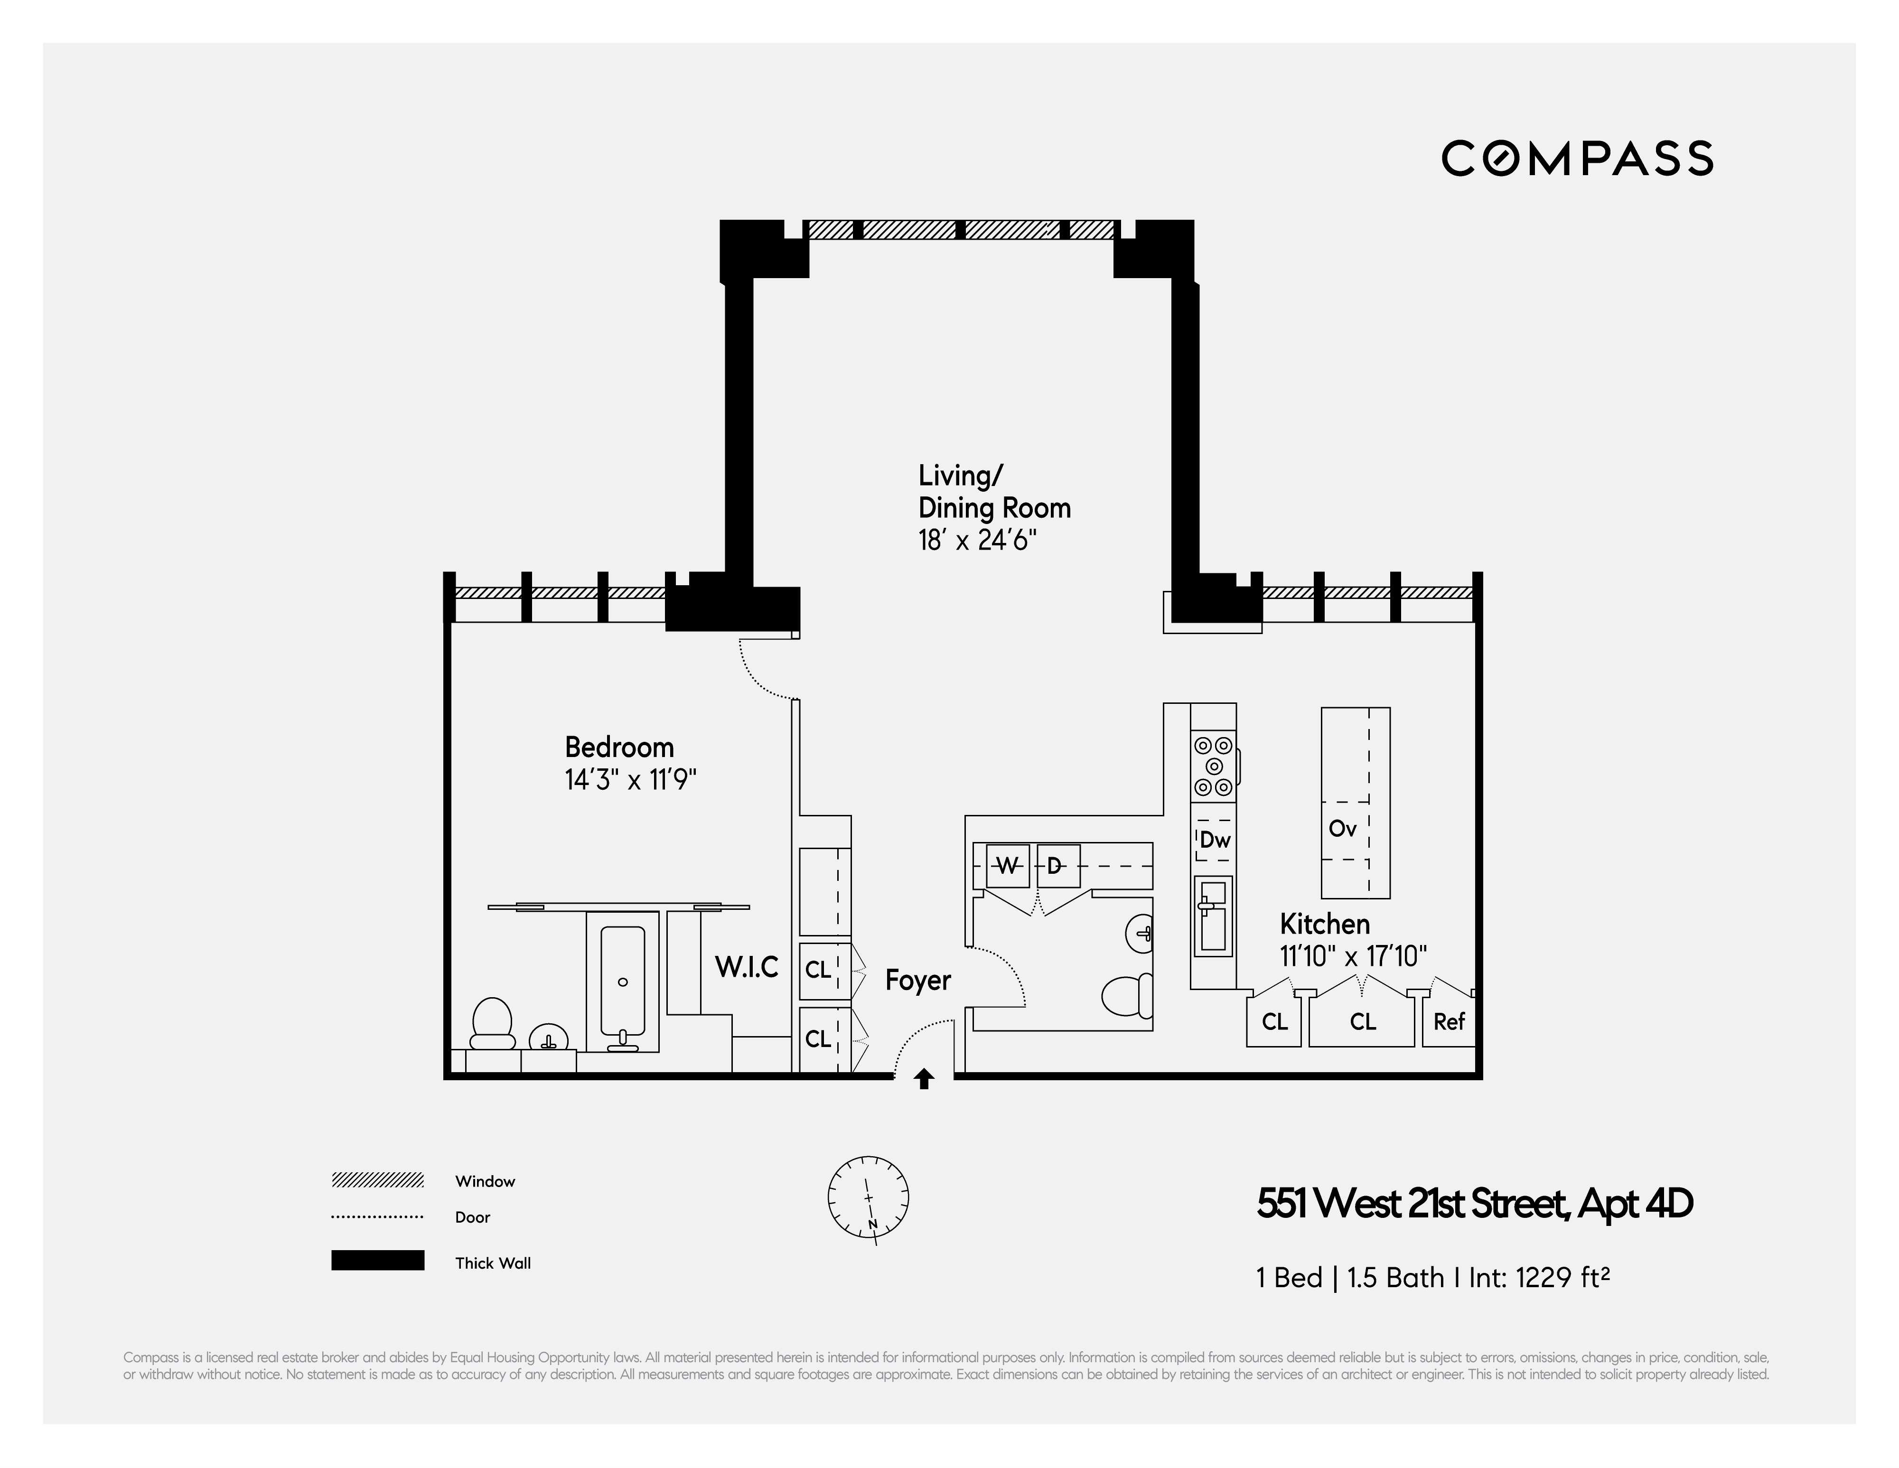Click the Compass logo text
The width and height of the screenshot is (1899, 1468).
[1576, 158]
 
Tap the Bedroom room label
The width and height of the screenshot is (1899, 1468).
[619, 747]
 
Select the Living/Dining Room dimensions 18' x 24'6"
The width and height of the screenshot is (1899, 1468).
[977, 541]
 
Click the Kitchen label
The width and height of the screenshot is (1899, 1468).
[1324, 924]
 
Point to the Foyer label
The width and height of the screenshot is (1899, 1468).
[917, 980]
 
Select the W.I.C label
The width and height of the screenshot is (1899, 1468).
[746, 967]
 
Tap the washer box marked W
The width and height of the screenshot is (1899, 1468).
[1007, 865]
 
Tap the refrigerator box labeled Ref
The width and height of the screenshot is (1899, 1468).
[1449, 1022]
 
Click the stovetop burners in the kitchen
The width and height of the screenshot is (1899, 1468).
[1214, 766]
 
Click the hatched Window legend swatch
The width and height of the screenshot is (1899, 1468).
[377, 1180]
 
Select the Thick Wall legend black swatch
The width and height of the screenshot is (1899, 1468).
[377, 1260]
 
